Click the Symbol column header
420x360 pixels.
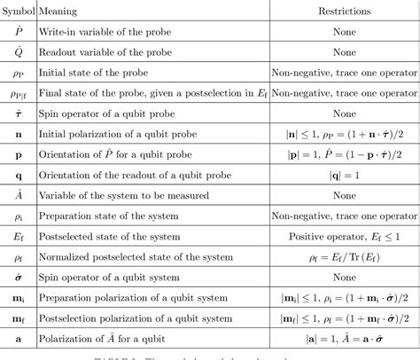[x=18, y=12]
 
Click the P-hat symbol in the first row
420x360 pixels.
[x=18, y=32]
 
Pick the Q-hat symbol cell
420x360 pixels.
[x=18, y=52]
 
